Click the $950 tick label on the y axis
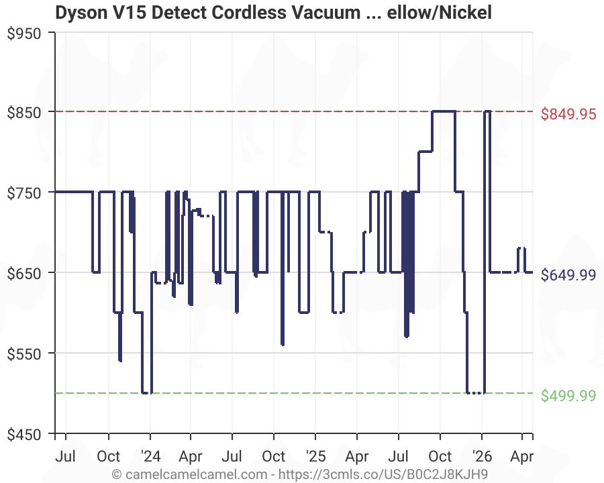(x=24, y=33)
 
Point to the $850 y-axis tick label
(x=24, y=112)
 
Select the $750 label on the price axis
(x=24, y=193)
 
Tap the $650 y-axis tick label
(x=24, y=273)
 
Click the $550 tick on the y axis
(x=24, y=354)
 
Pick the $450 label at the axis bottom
(x=24, y=434)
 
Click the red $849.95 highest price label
(x=568, y=114)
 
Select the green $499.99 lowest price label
(x=568, y=396)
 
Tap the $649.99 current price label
(x=568, y=275)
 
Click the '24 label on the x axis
(x=150, y=457)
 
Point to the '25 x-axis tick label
(x=315, y=457)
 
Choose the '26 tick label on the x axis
(x=481, y=457)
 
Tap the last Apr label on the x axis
(x=522, y=457)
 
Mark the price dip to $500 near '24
(x=146, y=392)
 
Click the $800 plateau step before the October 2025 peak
(x=425, y=152)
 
